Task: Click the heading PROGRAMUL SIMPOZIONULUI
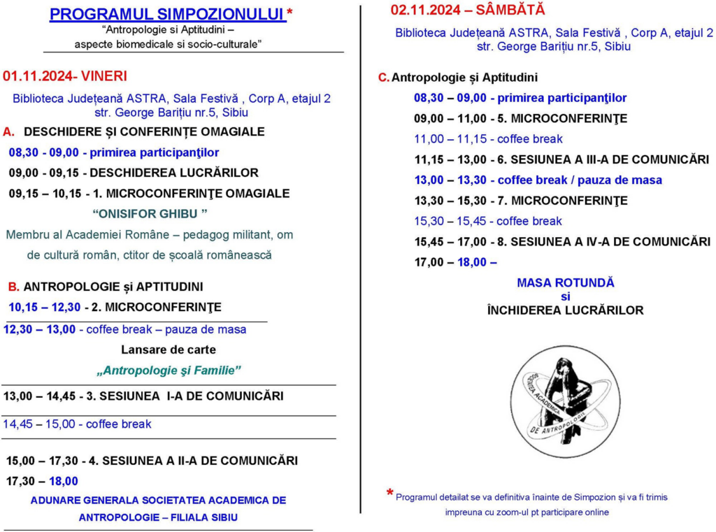point(168,15)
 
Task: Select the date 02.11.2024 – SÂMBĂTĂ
point(468,10)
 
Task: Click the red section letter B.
point(13,287)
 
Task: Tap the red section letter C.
point(382,78)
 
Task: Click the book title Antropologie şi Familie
point(169,371)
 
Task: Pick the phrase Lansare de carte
point(169,350)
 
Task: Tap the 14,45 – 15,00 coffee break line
point(77,424)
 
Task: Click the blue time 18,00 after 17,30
point(64,481)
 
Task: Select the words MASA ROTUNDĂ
point(565,283)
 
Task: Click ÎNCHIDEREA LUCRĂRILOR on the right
point(565,310)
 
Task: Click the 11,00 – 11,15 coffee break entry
point(488,139)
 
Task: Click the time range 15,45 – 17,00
point(450,242)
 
